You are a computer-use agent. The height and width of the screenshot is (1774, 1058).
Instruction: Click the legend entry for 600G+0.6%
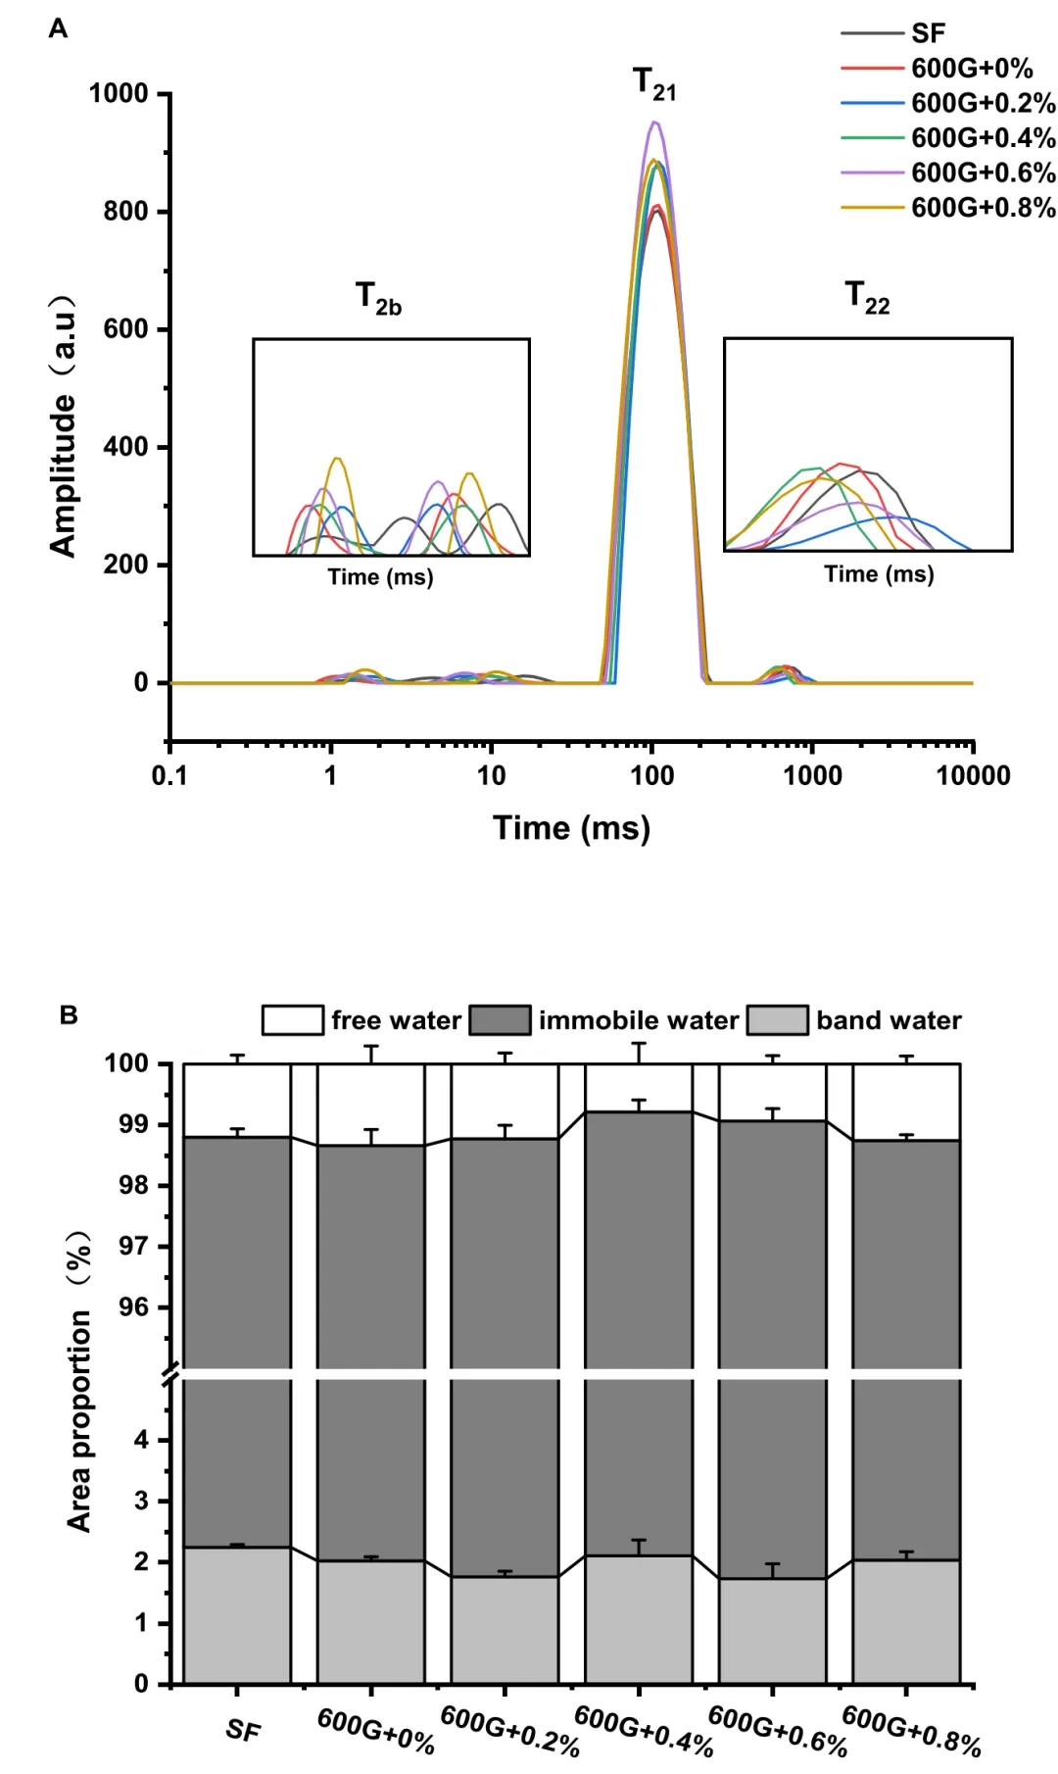click(983, 172)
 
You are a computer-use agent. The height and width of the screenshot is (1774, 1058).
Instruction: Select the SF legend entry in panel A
click(928, 33)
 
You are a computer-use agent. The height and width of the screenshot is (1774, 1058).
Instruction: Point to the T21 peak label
click(653, 83)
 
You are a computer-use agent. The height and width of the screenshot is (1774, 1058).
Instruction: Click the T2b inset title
click(378, 297)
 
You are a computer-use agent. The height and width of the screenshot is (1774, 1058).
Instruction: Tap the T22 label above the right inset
click(867, 296)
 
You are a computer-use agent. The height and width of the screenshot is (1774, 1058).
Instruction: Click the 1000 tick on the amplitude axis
click(119, 94)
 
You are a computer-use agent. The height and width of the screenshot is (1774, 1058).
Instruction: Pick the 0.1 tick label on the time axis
click(169, 776)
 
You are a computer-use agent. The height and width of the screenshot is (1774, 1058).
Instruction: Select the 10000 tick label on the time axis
click(972, 776)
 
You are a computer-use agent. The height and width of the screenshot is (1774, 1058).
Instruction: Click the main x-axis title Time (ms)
click(571, 828)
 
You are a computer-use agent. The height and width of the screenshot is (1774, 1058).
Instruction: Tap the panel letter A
click(58, 28)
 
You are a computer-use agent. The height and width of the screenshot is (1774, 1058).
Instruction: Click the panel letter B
click(69, 1014)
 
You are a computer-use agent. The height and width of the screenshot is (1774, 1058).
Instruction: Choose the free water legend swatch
click(292, 1020)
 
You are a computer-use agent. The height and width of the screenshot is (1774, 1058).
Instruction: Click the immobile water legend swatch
click(500, 1020)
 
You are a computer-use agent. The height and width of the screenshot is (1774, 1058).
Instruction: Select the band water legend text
click(889, 1020)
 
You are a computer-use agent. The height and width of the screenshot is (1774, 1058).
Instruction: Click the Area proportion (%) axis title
click(79, 1382)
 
